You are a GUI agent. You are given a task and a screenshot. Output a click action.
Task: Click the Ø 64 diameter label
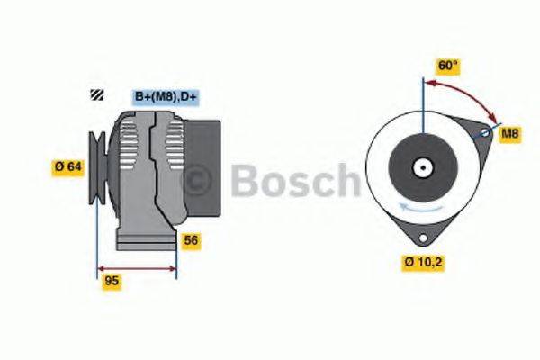(67, 166)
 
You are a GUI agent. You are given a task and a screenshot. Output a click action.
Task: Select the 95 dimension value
(112, 281)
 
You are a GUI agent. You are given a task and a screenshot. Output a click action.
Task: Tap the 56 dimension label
(191, 240)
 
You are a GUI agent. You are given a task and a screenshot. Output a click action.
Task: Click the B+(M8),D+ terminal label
(166, 96)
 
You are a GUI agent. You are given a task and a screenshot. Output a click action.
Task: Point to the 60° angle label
(448, 66)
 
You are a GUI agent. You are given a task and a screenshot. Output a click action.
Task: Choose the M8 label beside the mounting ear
(510, 134)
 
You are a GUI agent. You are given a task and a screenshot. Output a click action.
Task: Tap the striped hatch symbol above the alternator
(96, 95)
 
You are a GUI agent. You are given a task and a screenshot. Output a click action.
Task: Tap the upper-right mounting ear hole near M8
(484, 134)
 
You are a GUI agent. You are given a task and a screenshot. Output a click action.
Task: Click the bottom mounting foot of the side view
(144, 241)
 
